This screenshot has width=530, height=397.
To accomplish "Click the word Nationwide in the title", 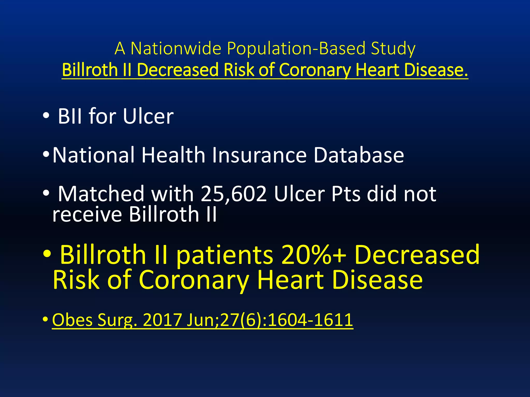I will point(176,48).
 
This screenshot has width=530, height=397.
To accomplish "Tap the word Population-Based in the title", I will point(296,48).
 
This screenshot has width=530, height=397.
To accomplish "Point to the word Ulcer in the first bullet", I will point(148,116).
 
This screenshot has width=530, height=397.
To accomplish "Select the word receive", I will point(87,215).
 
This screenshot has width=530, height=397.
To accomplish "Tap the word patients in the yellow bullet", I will point(224,256).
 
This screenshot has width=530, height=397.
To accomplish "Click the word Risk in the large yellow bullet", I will point(76,280).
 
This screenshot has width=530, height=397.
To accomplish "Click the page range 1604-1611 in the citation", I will point(311,320).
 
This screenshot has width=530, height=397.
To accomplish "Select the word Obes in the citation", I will point(72,320).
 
